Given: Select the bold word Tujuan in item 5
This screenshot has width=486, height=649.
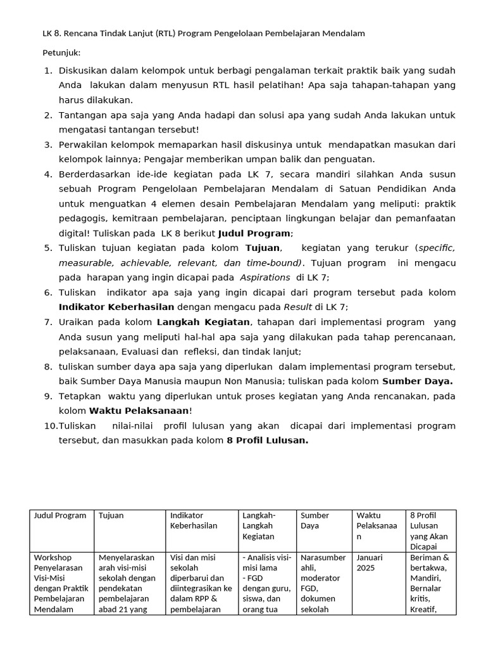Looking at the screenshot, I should [263, 247].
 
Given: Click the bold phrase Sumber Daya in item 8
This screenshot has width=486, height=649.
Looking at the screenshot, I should [417, 381].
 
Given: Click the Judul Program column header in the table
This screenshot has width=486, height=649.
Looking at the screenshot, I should [60, 515].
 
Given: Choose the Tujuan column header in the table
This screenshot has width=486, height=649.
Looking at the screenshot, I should [111, 515].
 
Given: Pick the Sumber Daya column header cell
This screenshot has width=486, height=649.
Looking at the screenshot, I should [315, 520].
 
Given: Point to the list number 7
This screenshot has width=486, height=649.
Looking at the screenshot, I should [47, 322].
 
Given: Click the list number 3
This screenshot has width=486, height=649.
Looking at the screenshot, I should [47, 145].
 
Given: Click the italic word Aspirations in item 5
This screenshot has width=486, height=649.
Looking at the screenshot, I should [264, 278].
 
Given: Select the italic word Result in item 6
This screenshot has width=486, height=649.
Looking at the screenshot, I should [297, 307].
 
